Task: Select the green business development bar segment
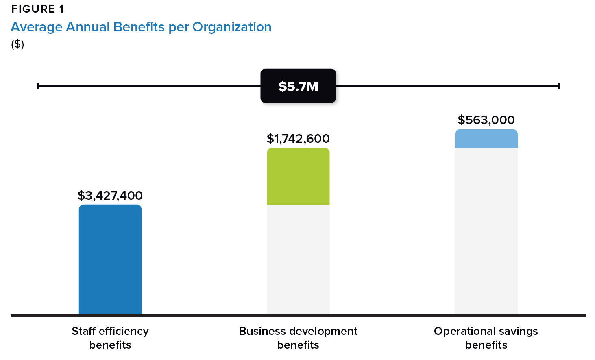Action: (298, 176)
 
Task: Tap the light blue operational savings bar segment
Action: (486, 139)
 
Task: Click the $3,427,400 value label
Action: (110, 196)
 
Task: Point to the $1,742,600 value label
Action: (298, 139)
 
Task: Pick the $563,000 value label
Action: (486, 120)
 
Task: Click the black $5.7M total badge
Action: (298, 86)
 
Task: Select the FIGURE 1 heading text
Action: (37, 9)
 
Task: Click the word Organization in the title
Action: (232, 27)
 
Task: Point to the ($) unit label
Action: (17, 44)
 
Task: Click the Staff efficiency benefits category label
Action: (110, 338)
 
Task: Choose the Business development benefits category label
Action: (298, 338)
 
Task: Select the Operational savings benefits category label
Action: (486, 338)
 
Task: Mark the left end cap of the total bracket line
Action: (38, 86)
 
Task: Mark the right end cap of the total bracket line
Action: (559, 86)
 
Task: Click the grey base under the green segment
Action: (298, 259)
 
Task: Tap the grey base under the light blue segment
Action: (486, 231)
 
